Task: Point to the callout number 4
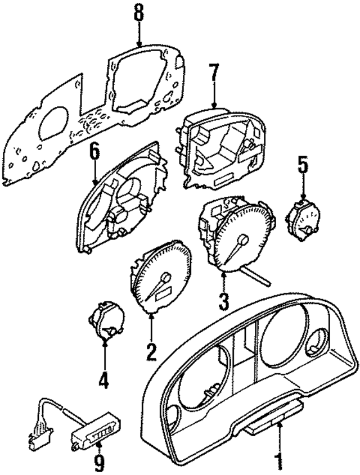click(103, 381)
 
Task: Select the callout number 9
click(99, 463)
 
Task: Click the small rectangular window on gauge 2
click(165, 292)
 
